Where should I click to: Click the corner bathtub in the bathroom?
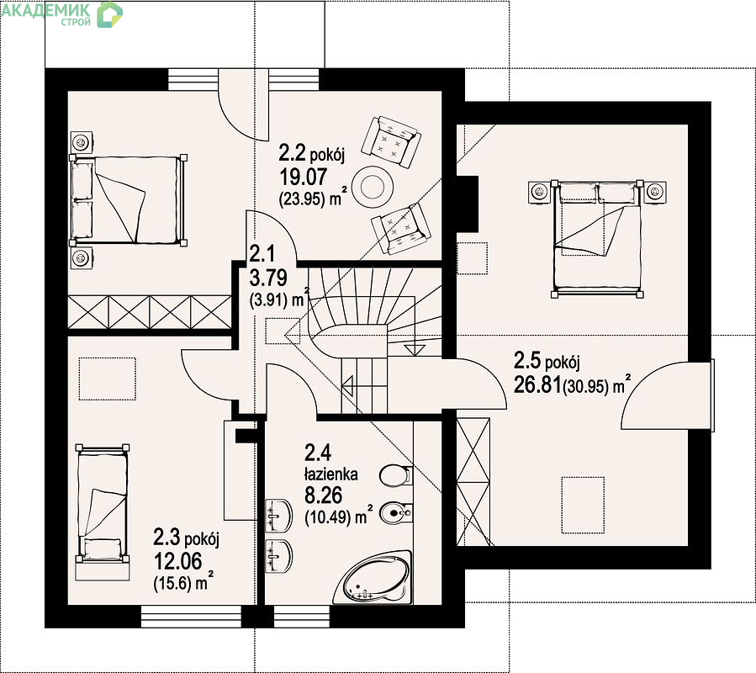pos(373,579)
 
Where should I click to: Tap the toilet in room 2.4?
pos(395,475)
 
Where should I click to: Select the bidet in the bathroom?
pos(395,513)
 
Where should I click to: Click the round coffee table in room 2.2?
pos(373,186)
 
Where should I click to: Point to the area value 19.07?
pos(304,177)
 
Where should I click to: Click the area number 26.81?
pos(537,385)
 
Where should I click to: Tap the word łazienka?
pos(330,474)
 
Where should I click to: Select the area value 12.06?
pos(178,561)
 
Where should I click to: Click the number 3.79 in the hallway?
pos(268,278)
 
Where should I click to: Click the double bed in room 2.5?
pos(598,239)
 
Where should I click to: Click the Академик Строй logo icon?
pos(110,14)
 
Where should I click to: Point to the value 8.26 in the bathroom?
pos(323,495)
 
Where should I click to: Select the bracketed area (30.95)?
pos(586,387)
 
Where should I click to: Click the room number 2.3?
pos(167,537)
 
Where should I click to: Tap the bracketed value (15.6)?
pos(173,584)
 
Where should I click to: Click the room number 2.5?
pos(527,360)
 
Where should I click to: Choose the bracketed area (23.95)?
pos(302,199)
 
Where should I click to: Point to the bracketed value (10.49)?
pos(327,517)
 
